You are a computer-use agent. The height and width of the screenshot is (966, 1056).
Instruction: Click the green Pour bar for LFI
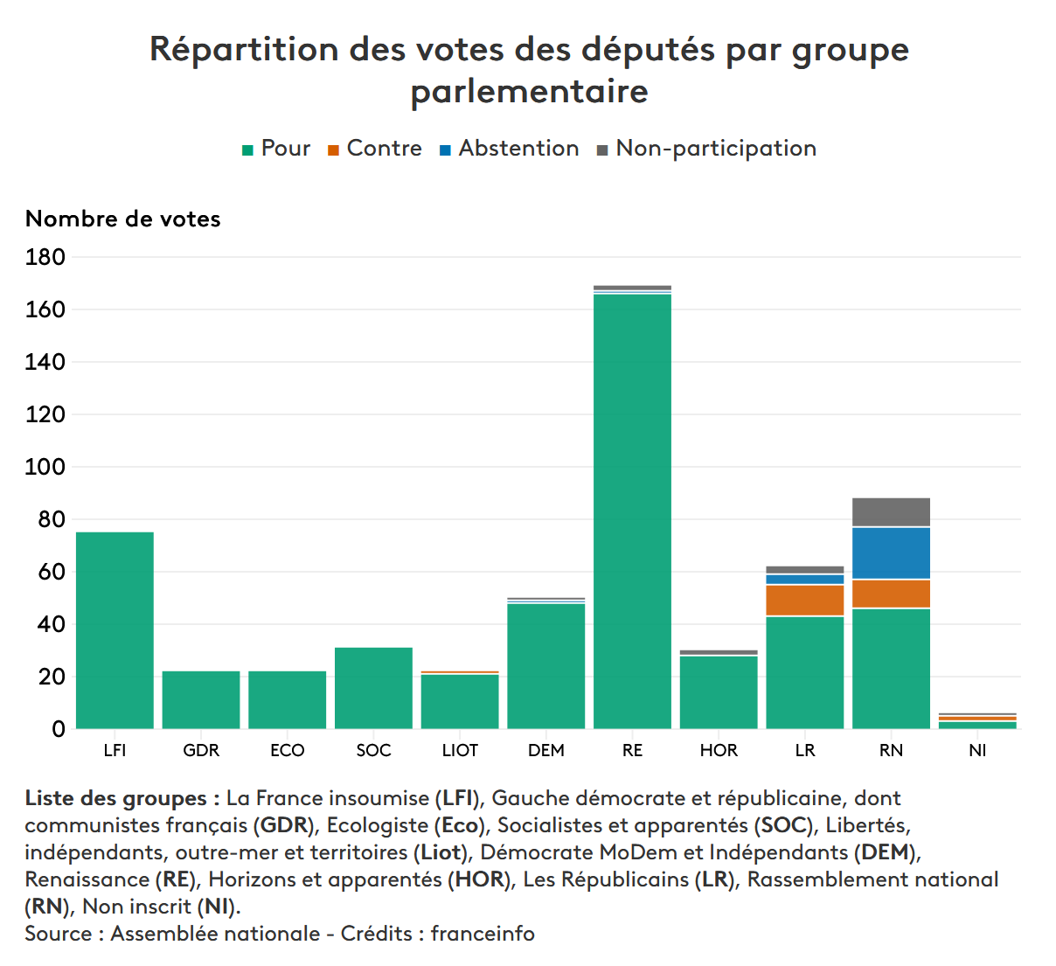[115, 629]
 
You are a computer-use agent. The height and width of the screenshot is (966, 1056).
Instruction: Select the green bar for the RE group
[632, 511]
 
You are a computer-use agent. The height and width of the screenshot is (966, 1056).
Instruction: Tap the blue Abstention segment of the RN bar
[891, 553]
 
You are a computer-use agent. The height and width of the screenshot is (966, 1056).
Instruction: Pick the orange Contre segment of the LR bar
[804, 601]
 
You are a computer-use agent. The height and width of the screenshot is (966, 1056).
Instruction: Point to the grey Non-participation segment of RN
[891, 512]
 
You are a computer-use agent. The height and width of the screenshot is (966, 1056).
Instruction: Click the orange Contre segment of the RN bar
[891, 594]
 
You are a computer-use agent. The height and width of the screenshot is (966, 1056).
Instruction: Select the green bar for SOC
[373, 688]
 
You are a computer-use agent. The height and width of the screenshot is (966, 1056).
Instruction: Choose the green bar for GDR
[201, 699]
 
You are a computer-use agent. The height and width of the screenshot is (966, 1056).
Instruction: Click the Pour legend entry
[276, 149]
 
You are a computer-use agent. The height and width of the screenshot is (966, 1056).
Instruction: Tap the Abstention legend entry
[509, 149]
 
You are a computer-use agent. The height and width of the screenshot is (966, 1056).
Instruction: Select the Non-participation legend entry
[706, 149]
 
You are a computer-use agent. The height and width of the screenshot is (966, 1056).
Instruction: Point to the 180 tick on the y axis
[45, 257]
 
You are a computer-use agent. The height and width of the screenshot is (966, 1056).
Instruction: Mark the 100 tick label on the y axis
[45, 467]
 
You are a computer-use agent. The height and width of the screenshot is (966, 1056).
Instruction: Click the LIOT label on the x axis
[460, 750]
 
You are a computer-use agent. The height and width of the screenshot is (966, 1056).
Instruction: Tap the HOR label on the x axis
[719, 750]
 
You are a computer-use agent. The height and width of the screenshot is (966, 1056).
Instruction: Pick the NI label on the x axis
[977, 750]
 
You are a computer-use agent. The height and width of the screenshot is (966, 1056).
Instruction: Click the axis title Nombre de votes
[123, 219]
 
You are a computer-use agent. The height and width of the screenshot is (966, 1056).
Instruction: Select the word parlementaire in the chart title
[529, 91]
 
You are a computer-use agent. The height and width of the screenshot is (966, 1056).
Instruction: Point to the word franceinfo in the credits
[483, 934]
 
